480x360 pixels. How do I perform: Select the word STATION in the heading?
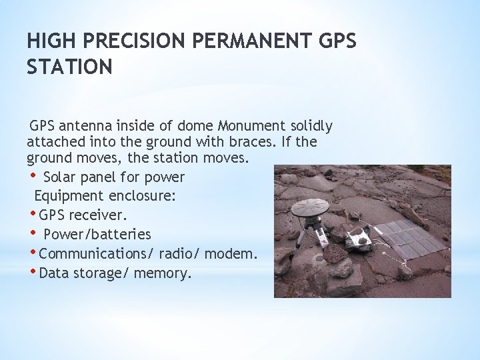click(69, 67)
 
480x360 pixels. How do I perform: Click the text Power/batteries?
click(97, 235)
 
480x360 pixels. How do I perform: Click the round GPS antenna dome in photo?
click(310, 207)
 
